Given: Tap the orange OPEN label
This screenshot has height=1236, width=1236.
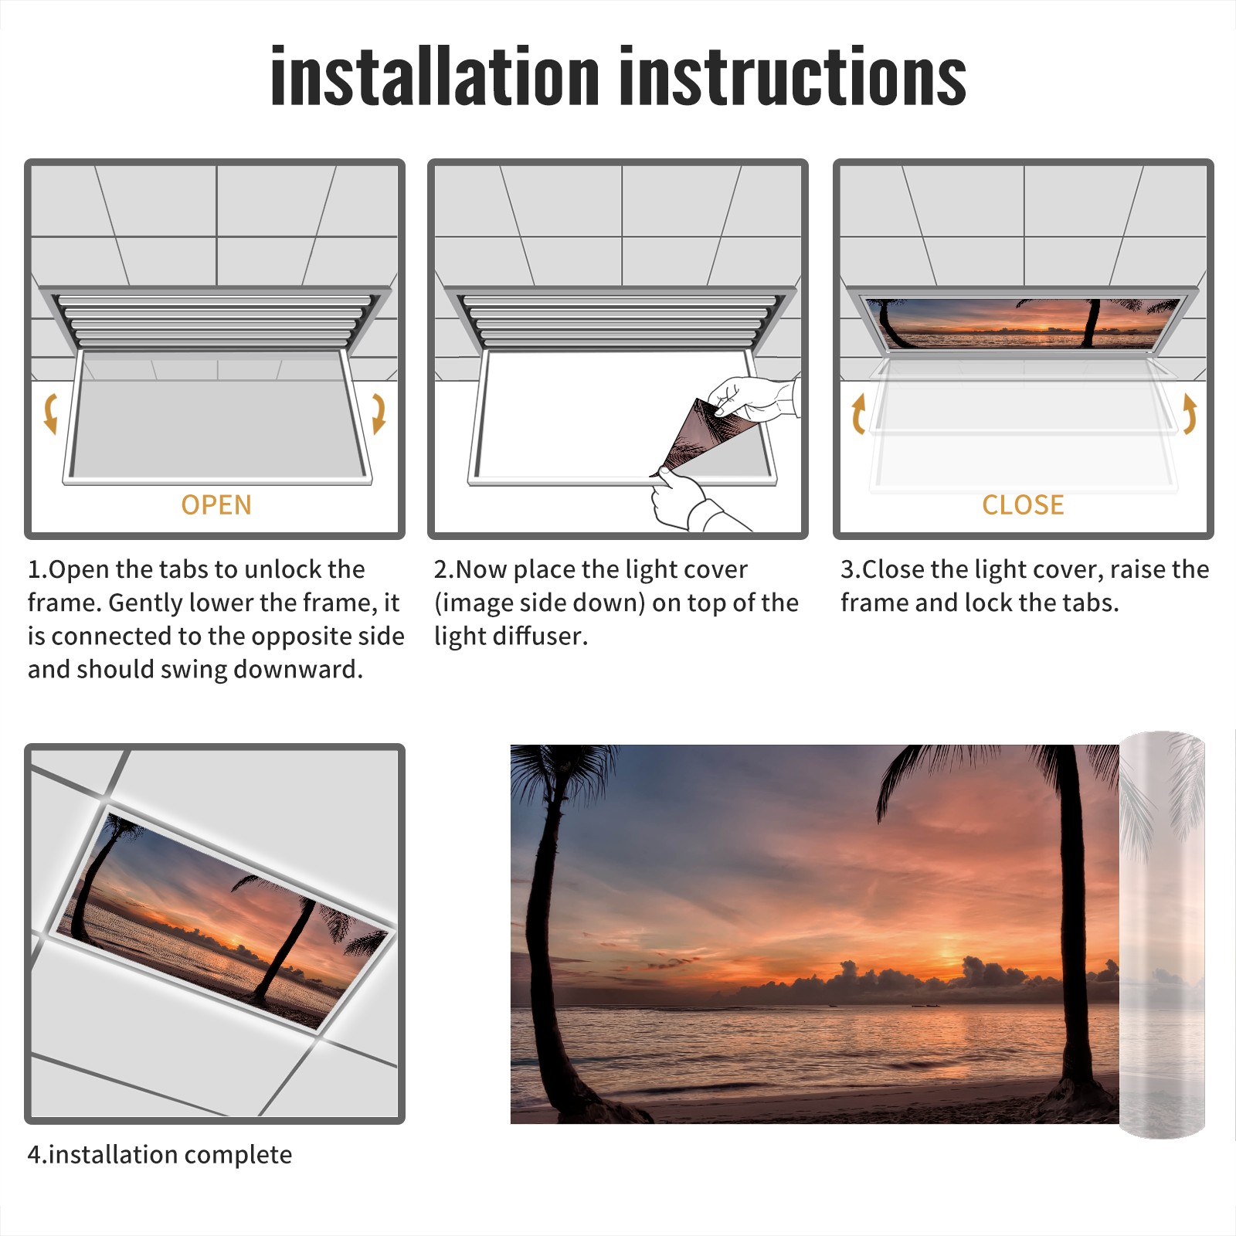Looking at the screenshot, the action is (216, 504).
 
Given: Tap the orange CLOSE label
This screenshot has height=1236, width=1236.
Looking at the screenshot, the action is (1023, 504).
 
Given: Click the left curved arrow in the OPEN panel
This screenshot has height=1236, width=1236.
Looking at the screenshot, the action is (50, 413).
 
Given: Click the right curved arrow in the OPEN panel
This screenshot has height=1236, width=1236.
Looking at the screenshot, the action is (379, 413).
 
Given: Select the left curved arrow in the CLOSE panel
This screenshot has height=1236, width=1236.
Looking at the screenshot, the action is (858, 413).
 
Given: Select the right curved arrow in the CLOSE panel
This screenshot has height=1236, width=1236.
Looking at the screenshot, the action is (1190, 413).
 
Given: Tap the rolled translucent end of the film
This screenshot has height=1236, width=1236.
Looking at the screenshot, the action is (1162, 935).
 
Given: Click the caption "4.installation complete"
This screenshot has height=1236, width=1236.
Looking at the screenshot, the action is (160, 1154).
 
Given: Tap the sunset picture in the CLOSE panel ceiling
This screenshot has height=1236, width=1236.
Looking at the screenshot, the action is (1024, 323).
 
